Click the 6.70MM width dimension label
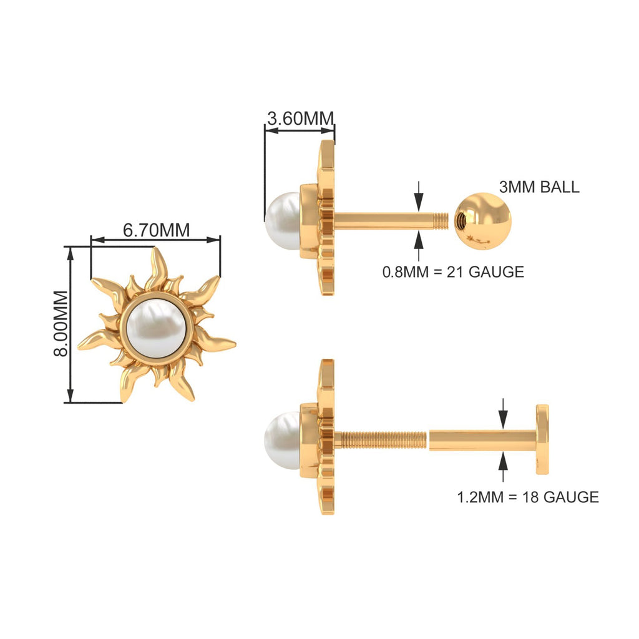(x=156, y=230)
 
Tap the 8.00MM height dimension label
(x=61, y=323)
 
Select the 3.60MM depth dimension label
(x=300, y=118)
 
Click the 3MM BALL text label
(x=539, y=187)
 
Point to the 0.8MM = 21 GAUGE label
(x=453, y=271)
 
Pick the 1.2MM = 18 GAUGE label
(x=528, y=497)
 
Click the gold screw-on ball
(x=482, y=221)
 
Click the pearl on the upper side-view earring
(x=281, y=221)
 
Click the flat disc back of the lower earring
(x=542, y=439)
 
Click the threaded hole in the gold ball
(x=461, y=220)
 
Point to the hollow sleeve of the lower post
(x=480, y=440)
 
